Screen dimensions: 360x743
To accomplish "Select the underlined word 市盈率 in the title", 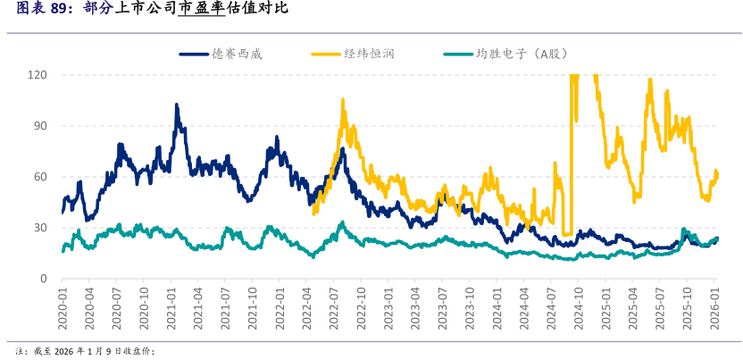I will (201, 10).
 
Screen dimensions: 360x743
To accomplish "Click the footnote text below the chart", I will (86, 351).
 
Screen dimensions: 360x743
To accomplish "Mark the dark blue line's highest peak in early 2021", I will (176, 105).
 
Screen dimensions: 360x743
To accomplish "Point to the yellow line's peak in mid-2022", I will (342, 100).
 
